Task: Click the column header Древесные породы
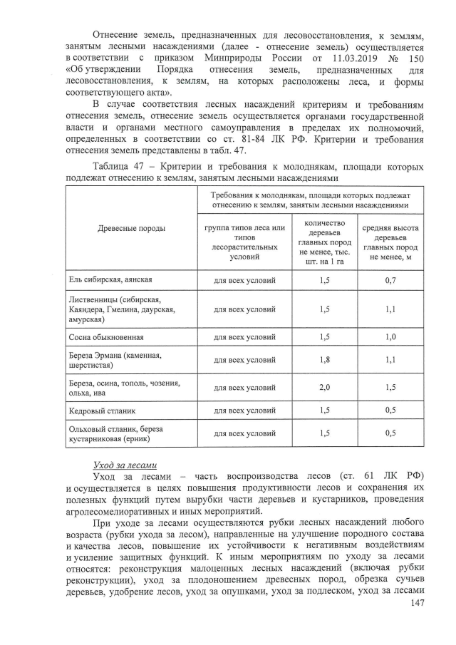(131, 228)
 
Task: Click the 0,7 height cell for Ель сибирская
(390, 280)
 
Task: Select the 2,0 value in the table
(325, 387)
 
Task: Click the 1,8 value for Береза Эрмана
(325, 361)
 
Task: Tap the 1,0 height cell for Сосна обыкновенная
(390, 337)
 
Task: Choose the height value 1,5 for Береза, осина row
(390, 387)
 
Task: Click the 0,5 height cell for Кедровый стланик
(390, 411)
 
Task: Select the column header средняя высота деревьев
(390, 242)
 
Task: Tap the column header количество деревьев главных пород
(325, 242)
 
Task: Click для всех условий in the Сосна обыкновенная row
(244, 337)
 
